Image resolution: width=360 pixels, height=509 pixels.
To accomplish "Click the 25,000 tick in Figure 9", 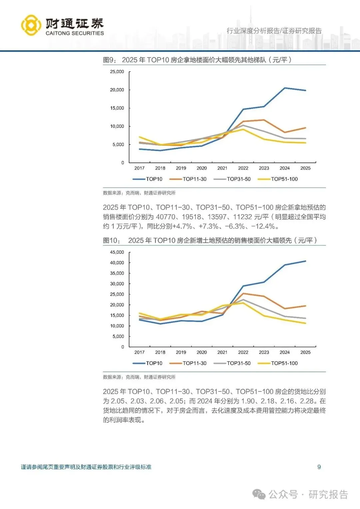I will (117, 72).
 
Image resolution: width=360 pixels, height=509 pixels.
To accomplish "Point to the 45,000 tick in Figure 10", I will (117, 252).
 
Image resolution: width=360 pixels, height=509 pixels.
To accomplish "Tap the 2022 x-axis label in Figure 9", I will (243, 168).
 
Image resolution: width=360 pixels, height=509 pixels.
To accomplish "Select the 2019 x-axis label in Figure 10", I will (181, 352).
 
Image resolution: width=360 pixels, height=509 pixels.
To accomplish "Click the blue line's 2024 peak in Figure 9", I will (285, 88).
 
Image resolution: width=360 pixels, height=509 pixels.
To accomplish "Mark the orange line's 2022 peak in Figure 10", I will (243, 293).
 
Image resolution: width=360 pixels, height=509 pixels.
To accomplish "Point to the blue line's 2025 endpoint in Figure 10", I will (305, 261).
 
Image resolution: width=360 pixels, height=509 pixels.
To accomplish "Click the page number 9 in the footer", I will (319, 467).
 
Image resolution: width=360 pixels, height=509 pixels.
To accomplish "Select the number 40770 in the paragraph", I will (165, 217).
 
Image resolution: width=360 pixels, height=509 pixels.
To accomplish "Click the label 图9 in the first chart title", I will (109, 60).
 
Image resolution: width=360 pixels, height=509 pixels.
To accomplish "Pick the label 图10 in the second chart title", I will (111, 241).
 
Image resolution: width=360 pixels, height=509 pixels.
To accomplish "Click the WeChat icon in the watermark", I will (259, 494).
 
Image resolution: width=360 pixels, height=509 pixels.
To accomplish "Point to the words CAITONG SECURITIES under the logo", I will (75, 33).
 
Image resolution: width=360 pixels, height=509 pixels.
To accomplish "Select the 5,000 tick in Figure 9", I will (118, 145).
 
